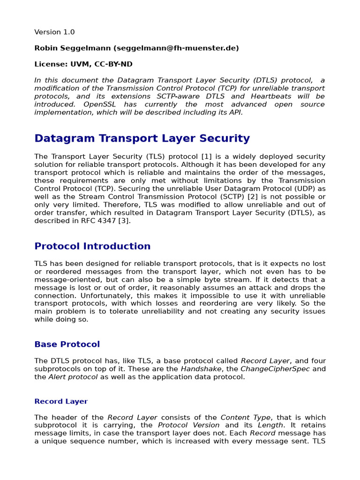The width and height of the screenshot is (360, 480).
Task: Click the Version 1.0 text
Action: coord(54,32)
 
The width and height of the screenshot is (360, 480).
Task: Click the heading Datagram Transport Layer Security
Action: coord(142,138)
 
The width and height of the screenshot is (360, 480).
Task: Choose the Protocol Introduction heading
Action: coord(92,246)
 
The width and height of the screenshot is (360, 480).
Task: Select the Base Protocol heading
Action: coord(67,344)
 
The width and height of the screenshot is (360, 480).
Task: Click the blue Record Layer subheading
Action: coord(61,401)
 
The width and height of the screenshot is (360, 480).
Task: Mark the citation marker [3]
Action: coord(123,221)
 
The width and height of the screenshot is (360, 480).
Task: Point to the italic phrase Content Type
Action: coord(245,417)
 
